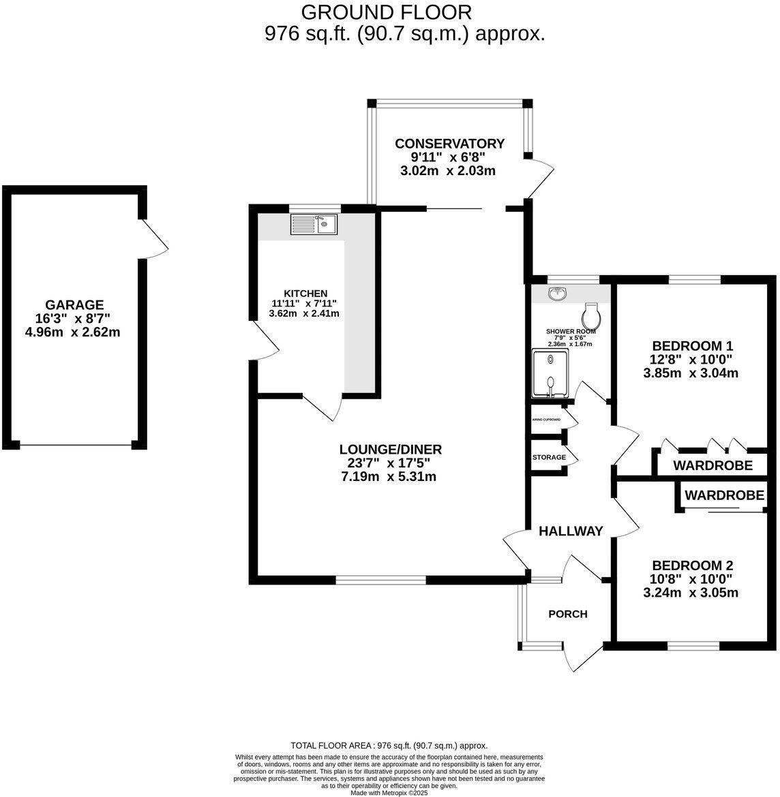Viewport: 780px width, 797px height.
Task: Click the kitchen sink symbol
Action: [x=314, y=223]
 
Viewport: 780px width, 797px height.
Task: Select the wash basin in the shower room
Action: [x=558, y=294]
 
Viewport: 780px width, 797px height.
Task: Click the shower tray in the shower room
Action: [x=549, y=374]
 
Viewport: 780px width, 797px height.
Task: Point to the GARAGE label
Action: [x=74, y=304]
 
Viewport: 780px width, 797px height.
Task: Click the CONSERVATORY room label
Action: [x=450, y=144]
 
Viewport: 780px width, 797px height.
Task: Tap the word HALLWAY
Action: [x=571, y=531]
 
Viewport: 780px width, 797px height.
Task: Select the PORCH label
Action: [x=568, y=614]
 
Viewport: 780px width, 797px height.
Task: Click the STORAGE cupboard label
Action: [x=549, y=457]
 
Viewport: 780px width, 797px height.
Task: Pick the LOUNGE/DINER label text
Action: [x=391, y=450]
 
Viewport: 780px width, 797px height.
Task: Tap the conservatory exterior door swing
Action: [x=542, y=178]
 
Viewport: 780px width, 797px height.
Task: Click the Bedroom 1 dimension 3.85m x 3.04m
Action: [x=691, y=373]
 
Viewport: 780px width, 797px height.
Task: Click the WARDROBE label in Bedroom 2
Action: [x=724, y=495]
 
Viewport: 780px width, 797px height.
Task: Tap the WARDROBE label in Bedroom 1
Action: [x=712, y=466]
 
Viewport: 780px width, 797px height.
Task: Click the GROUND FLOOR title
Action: [x=386, y=12]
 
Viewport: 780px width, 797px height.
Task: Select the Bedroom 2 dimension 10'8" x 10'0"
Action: [x=691, y=580]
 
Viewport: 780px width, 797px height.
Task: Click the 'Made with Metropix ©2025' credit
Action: [x=389, y=792]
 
